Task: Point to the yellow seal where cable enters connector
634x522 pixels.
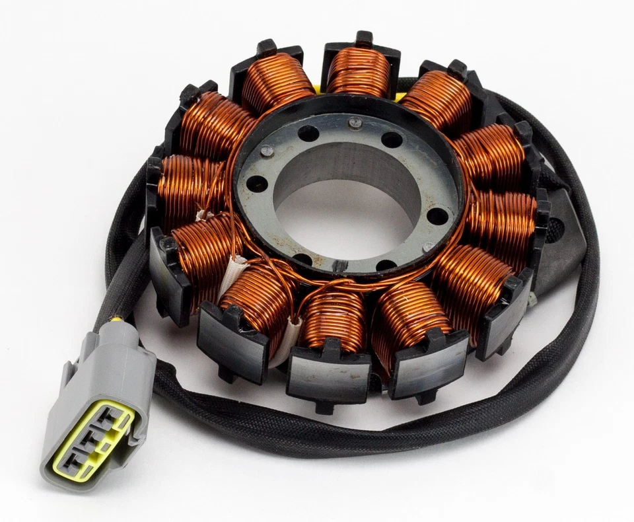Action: point(116,324)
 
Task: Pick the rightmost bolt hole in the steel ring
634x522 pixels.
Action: point(437,215)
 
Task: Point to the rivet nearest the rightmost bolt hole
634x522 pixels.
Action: point(429,246)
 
